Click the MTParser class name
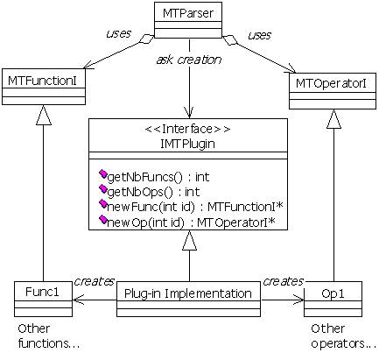(x=188, y=13)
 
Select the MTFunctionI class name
(x=42, y=81)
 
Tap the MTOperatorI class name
(x=331, y=84)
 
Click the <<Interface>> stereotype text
(x=187, y=129)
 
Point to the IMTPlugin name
(x=187, y=144)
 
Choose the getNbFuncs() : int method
(x=158, y=177)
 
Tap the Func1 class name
(x=42, y=292)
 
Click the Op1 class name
(x=333, y=293)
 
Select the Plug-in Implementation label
(x=188, y=293)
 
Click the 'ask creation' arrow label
(x=189, y=60)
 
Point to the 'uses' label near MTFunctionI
(x=118, y=33)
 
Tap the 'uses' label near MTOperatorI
(x=259, y=35)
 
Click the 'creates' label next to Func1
(x=94, y=281)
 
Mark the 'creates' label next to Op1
(x=283, y=281)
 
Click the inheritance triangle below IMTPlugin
(x=189, y=241)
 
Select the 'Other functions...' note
(x=49, y=335)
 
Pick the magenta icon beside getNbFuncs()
(x=103, y=174)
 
